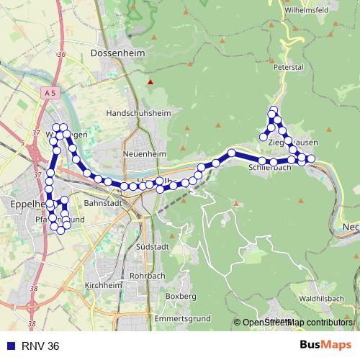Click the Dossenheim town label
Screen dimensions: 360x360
click(118, 53)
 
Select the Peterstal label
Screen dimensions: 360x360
click(289, 67)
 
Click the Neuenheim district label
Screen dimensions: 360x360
click(145, 154)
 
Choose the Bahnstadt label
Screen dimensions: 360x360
click(100, 204)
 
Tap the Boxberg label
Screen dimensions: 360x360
click(181, 296)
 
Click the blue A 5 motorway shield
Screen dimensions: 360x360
click(49, 94)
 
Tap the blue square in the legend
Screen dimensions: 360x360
click(9, 346)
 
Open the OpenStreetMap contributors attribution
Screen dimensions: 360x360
click(297, 323)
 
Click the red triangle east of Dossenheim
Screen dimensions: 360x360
click(150, 82)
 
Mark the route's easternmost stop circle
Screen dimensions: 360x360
click(311, 158)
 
